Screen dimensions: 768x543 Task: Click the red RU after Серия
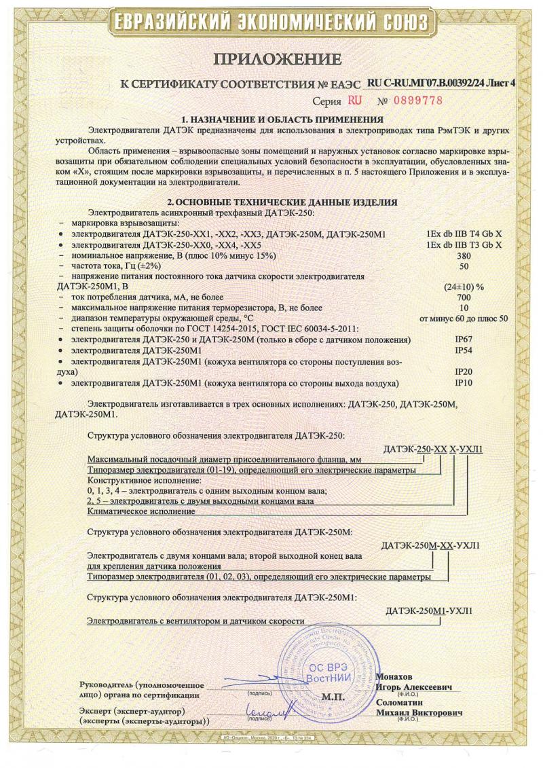354,100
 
